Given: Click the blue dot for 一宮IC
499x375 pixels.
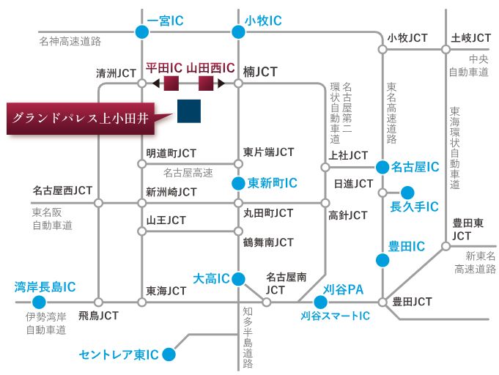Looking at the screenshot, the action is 142,31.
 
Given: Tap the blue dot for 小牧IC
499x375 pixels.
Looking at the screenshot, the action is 238,31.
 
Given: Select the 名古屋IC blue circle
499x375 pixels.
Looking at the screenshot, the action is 382,167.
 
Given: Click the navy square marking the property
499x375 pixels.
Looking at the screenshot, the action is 189,111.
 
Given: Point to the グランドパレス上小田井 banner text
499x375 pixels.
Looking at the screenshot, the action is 81,119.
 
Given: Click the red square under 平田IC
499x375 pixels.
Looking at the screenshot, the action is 171,83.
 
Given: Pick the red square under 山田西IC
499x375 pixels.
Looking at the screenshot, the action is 206,83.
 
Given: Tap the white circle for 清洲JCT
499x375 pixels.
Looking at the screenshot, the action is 142,83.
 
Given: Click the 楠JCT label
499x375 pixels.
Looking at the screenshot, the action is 260,72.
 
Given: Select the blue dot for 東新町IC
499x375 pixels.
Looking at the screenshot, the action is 238,184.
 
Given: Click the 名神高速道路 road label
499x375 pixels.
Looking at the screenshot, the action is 70,41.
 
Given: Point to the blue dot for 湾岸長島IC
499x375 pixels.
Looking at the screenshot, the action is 39,302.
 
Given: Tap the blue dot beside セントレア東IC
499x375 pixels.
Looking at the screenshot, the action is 169,354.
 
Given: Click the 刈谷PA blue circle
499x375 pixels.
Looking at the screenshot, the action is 320,302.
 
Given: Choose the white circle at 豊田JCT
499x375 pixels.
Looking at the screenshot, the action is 382,302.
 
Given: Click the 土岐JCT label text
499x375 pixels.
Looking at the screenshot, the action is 471,38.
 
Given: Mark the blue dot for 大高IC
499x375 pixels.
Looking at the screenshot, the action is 238,279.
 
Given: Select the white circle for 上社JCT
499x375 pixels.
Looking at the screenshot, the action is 325,167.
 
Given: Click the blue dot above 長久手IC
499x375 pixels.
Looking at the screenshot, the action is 407,193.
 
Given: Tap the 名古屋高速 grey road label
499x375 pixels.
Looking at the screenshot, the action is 188,173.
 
